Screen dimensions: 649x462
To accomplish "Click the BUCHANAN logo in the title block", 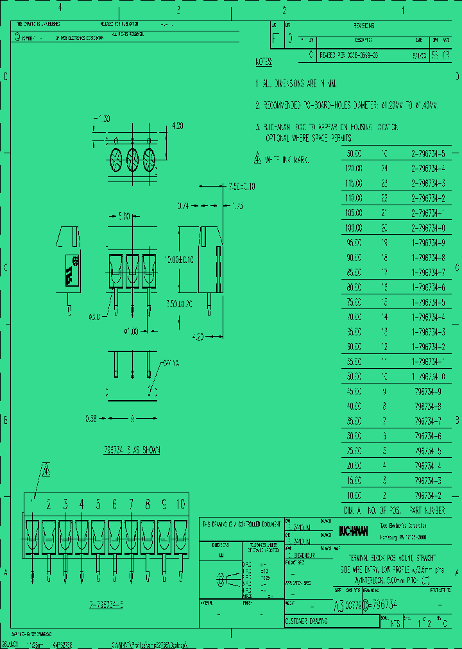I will pos(354,531).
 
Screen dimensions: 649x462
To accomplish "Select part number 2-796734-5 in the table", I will pos(428,155).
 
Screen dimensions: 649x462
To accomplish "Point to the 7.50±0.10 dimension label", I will pos(241,186).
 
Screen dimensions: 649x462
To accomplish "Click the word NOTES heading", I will pos(264,62).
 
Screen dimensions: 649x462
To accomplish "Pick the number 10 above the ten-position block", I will pos(180,504).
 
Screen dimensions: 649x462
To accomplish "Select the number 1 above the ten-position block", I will pos(33,504).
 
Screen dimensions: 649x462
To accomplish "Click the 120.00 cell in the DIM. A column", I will pos(354,169).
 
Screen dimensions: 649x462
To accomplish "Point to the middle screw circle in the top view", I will pos(132,158).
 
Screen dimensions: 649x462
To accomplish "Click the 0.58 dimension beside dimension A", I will pos(92,419).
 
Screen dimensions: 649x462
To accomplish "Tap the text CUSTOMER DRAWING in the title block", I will pos(307,621).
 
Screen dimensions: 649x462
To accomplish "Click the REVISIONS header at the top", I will pos(364,26).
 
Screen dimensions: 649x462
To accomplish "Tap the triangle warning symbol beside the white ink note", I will pos(258,159).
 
